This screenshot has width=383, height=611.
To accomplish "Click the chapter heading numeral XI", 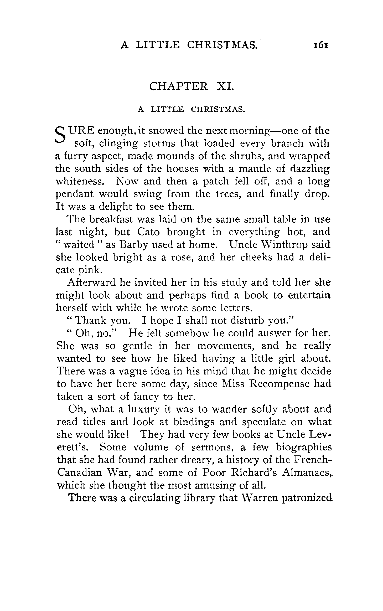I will pos(225,86).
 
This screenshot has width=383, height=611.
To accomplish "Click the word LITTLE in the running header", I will pos(158,45).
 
